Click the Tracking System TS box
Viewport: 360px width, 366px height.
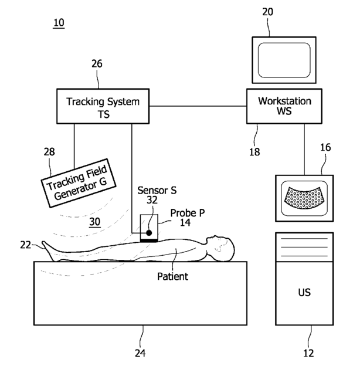pyautogui.click(x=103, y=106)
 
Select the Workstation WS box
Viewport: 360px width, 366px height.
pyautogui.click(x=284, y=106)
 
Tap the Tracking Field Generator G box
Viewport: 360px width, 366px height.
pyautogui.click(x=79, y=183)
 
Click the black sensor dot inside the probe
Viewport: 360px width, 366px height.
pyautogui.click(x=149, y=233)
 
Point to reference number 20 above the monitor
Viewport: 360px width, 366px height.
pyautogui.click(x=267, y=12)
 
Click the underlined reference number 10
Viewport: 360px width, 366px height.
pyautogui.click(x=59, y=23)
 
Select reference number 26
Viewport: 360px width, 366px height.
pyautogui.click(x=97, y=64)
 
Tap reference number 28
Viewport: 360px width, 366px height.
pyautogui.click(x=49, y=152)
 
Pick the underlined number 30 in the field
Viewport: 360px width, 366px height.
pyautogui.click(x=95, y=222)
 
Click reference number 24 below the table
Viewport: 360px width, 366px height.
pyautogui.click(x=140, y=353)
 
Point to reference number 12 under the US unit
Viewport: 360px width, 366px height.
pyautogui.click(x=308, y=353)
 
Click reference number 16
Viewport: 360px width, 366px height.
pyautogui.click(x=325, y=148)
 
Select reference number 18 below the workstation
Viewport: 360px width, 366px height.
pyautogui.click(x=254, y=152)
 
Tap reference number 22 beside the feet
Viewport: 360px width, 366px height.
pyautogui.click(x=26, y=245)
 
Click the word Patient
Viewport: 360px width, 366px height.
pyautogui.click(x=172, y=277)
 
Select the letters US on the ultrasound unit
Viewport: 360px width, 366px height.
pyautogui.click(x=304, y=293)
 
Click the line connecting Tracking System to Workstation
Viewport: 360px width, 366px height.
pyautogui.click(x=198, y=106)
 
